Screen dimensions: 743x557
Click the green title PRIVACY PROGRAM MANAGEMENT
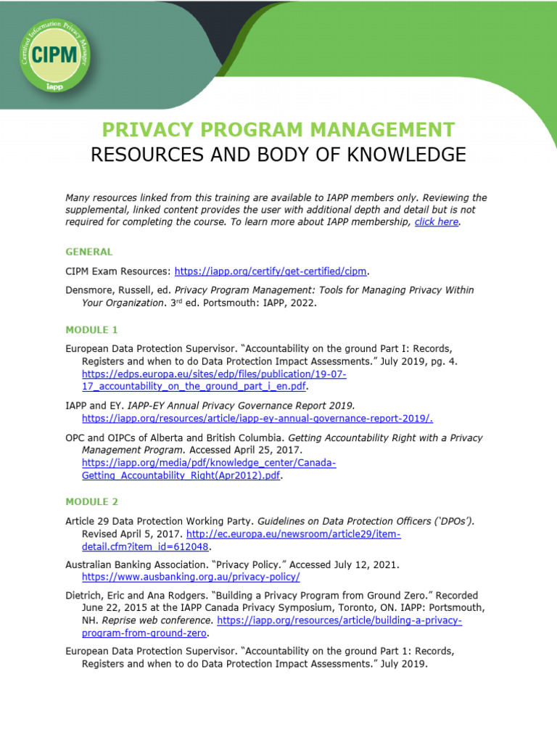coord(278,131)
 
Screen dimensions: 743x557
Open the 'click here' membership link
coord(437,222)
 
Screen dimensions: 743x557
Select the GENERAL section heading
coord(89,252)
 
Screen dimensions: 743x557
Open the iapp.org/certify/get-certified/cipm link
coord(271,271)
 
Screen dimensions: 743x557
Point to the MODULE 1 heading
coord(91,329)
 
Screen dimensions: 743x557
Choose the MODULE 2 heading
coord(91,501)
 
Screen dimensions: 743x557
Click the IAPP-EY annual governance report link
coord(257,419)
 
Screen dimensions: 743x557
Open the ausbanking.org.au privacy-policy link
coord(191,577)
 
